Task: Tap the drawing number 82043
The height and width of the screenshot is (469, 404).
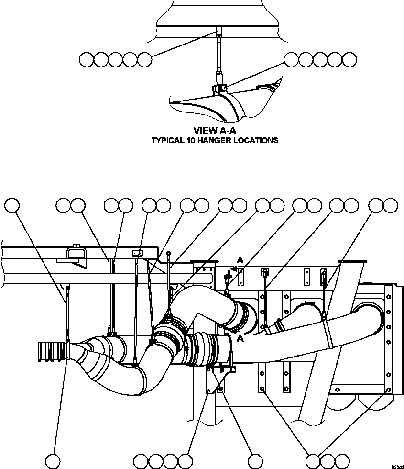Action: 397,466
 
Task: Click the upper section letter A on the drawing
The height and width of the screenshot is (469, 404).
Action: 240,259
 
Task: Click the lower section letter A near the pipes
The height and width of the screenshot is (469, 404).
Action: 240,339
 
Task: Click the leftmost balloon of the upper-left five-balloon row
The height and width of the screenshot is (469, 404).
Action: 87,60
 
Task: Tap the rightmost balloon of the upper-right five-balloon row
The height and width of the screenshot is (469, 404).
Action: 349,59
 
